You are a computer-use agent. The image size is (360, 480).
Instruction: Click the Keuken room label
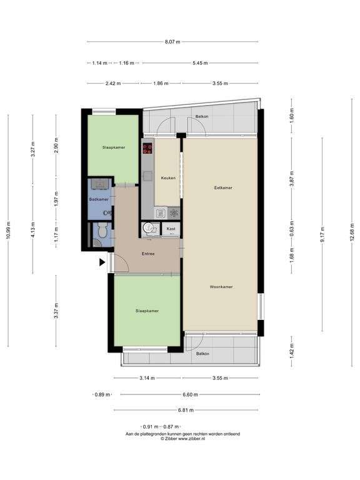168,178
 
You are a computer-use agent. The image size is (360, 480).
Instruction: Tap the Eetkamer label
223,187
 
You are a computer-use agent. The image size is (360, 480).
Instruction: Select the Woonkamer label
221,287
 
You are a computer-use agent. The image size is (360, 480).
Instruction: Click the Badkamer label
99,199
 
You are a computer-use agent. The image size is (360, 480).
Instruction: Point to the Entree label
148,254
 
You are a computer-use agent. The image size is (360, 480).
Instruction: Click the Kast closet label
171,229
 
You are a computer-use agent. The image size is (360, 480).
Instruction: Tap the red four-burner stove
147,149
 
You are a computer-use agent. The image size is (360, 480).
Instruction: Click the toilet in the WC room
102,229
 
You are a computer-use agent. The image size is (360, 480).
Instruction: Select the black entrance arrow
102,262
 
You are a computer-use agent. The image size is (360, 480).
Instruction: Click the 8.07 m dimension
172,42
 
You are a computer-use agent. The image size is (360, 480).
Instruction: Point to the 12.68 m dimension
352,231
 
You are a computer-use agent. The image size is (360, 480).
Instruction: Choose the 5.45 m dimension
200,63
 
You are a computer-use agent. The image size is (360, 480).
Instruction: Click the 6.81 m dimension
186,410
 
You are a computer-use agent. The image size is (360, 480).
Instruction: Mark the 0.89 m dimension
102,394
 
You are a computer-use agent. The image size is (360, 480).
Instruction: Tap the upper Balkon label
202,116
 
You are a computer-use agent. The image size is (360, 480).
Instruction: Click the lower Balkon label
202,354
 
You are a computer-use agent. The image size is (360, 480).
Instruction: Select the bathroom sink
100,184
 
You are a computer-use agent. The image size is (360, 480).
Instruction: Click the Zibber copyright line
182,438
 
